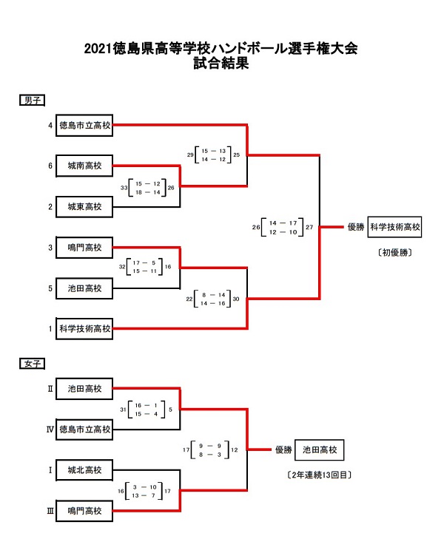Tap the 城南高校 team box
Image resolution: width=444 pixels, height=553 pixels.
coord(84,166)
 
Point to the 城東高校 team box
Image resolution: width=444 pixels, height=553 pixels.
coord(84,207)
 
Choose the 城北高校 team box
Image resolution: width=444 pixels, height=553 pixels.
coord(84,469)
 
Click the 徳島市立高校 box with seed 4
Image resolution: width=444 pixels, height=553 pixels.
coord(84,126)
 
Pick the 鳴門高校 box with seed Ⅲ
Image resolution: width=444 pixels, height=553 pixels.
coord(84,510)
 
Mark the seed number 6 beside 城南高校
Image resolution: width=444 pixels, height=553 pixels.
coord(50,166)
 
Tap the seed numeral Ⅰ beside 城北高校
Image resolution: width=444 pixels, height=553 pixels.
coord(50,469)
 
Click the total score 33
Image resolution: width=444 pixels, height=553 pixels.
coord(124,188)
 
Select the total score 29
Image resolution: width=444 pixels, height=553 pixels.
coord(190,155)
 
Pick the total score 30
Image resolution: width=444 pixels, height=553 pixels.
coord(236,299)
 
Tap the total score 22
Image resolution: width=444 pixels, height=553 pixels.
coord(190,299)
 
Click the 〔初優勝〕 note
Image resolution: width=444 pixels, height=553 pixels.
coord(394,252)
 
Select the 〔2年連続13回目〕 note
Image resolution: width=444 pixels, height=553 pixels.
coord(319,474)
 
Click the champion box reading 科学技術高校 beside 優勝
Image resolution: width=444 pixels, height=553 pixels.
coord(394,227)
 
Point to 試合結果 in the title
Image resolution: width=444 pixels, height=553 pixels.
coord(221,64)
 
